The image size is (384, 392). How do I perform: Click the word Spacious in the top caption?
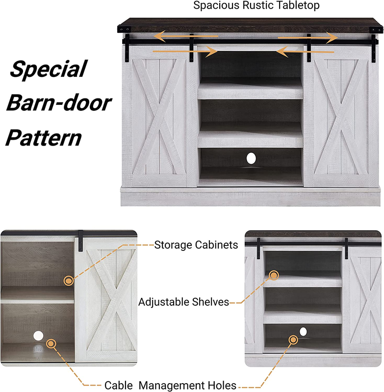coord(216,5)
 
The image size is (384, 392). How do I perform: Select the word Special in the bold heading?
coord(48,69)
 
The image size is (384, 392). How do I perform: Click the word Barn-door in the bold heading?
coord(59,103)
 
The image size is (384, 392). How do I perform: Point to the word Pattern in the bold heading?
coord(44,138)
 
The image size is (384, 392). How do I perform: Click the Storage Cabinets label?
coord(196,245)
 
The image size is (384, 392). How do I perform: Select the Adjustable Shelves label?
coord(183,302)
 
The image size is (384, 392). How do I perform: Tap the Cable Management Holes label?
coord(170,385)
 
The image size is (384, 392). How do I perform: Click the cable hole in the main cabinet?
coord(251,158)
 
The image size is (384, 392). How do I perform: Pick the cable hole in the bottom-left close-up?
coord(38,336)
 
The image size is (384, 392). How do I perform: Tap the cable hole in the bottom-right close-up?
coord(303,332)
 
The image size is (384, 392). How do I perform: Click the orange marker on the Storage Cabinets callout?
coord(69,281)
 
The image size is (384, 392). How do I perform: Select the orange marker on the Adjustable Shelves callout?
coord(274,275)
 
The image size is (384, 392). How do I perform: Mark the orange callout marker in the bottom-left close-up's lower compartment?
coord(51,344)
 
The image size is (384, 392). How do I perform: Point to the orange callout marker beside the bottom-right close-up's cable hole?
coord(293,340)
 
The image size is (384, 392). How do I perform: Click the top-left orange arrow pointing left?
coord(185,36)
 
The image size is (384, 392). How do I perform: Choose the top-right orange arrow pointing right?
coord(307,38)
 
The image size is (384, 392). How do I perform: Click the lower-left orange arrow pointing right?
coord(185,51)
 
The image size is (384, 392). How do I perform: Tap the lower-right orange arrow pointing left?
coord(305,52)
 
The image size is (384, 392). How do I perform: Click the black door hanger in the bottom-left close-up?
coord(80,241)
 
